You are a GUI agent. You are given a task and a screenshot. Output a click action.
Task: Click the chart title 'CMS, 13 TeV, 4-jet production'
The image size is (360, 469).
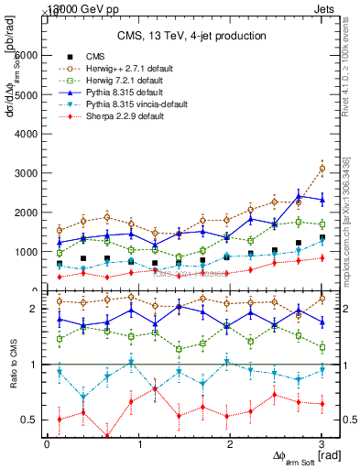(x=191, y=36)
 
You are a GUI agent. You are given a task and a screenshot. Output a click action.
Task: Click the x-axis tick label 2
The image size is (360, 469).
(x=230, y=443)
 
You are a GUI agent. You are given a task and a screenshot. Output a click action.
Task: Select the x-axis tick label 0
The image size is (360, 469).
(x=47, y=443)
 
